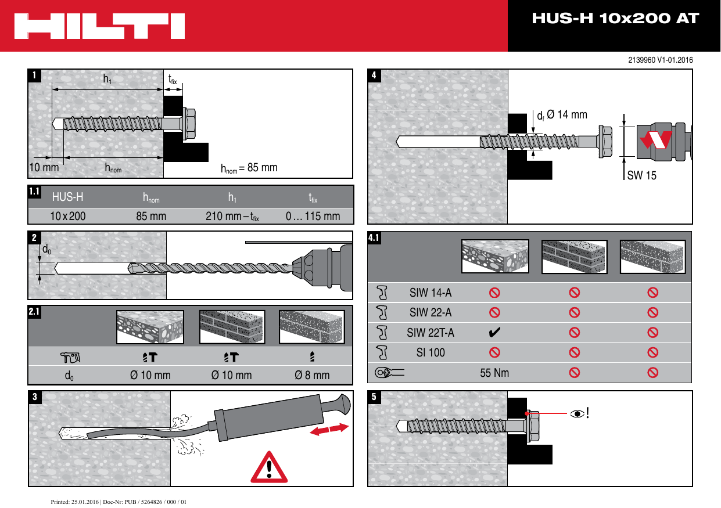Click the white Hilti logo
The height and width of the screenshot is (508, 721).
(x=101, y=26)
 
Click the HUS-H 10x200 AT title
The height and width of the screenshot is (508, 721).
(x=615, y=19)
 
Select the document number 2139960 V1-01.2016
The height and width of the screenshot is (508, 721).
(x=660, y=60)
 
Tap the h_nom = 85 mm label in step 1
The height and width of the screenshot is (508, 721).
(x=249, y=168)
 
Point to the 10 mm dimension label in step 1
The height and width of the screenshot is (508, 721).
(x=44, y=168)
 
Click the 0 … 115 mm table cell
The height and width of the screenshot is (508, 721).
(x=313, y=217)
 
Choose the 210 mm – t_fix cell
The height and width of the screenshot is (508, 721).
(x=232, y=217)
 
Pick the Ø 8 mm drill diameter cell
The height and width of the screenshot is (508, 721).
(x=312, y=375)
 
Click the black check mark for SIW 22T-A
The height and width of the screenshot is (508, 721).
(x=495, y=333)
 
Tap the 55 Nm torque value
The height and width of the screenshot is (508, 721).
(x=494, y=373)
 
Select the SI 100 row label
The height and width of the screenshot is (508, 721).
(x=431, y=352)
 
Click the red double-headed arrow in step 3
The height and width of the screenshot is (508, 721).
(x=329, y=430)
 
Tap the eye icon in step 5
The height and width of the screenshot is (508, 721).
(x=577, y=413)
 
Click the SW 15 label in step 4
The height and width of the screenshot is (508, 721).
(x=641, y=175)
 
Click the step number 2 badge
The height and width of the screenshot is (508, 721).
(x=35, y=238)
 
